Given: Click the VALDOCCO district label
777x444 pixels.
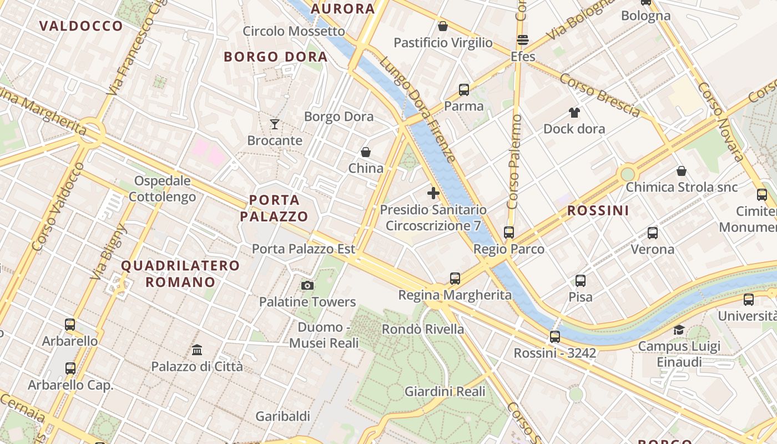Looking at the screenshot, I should [81, 26].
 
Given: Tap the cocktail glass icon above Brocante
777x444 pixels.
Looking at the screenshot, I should [275, 124].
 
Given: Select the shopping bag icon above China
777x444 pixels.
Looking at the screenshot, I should [366, 152].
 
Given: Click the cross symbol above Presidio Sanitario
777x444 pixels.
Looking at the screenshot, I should [433, 193].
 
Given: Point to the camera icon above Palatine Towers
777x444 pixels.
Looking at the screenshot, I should [307, 285].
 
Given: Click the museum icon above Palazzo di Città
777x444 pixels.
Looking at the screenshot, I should [197, 350].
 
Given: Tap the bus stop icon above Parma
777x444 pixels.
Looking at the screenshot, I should [464, 89].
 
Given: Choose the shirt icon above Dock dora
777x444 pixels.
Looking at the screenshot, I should [574, 113].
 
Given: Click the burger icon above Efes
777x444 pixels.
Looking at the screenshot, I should [523, 40].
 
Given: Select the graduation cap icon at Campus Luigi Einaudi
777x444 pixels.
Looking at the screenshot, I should [679, 330].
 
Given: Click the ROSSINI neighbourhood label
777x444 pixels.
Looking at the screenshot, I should [598, 210].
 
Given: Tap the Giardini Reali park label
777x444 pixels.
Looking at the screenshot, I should [445, 391].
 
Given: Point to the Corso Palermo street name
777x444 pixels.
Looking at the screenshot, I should [514, 161].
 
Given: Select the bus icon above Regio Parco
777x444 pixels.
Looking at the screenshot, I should [509, 233].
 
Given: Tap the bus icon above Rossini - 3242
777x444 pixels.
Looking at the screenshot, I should [555, 336].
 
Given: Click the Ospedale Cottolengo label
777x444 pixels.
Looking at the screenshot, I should [162, 189].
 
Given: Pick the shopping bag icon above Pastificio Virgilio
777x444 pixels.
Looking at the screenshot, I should [443, 26].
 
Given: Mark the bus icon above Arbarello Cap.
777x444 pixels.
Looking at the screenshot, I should [70, 368].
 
